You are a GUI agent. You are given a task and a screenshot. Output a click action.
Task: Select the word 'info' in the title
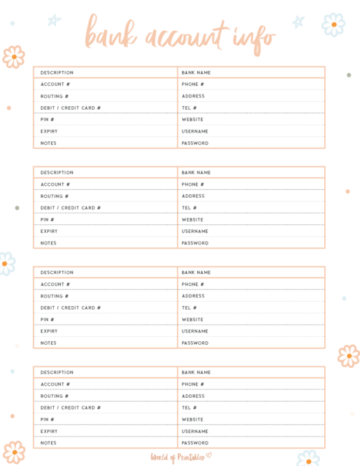tap(252, 33)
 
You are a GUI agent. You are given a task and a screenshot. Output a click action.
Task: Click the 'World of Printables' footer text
tap(176, 456)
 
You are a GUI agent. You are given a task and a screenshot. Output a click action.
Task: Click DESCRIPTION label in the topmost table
tap(57, 72)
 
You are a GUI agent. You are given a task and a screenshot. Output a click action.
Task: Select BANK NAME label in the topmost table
tap(196, 72)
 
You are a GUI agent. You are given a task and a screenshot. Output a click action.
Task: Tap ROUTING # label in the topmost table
tap(55, 96)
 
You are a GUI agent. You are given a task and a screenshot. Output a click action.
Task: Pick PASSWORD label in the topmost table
tap(195, 143)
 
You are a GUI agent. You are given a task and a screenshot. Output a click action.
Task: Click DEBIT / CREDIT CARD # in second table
tap(70, 208)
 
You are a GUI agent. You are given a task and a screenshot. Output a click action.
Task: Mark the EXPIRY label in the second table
tap(49, 232)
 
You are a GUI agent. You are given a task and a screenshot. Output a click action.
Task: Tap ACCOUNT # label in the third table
tap(55, 284)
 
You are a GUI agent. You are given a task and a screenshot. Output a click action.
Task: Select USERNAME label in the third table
tap(195, 331)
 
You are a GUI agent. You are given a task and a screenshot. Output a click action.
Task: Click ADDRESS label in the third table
tap(193, 296)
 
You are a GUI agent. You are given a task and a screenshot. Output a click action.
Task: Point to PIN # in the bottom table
tap(47, 419)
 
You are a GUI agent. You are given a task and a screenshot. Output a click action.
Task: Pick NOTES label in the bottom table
tap(48, 443)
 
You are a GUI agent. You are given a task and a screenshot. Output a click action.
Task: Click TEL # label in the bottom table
tap(189, 408)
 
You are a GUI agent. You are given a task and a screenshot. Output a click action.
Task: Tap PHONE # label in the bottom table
tap(193, 384)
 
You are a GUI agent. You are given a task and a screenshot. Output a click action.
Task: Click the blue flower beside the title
tap(333, 24)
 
